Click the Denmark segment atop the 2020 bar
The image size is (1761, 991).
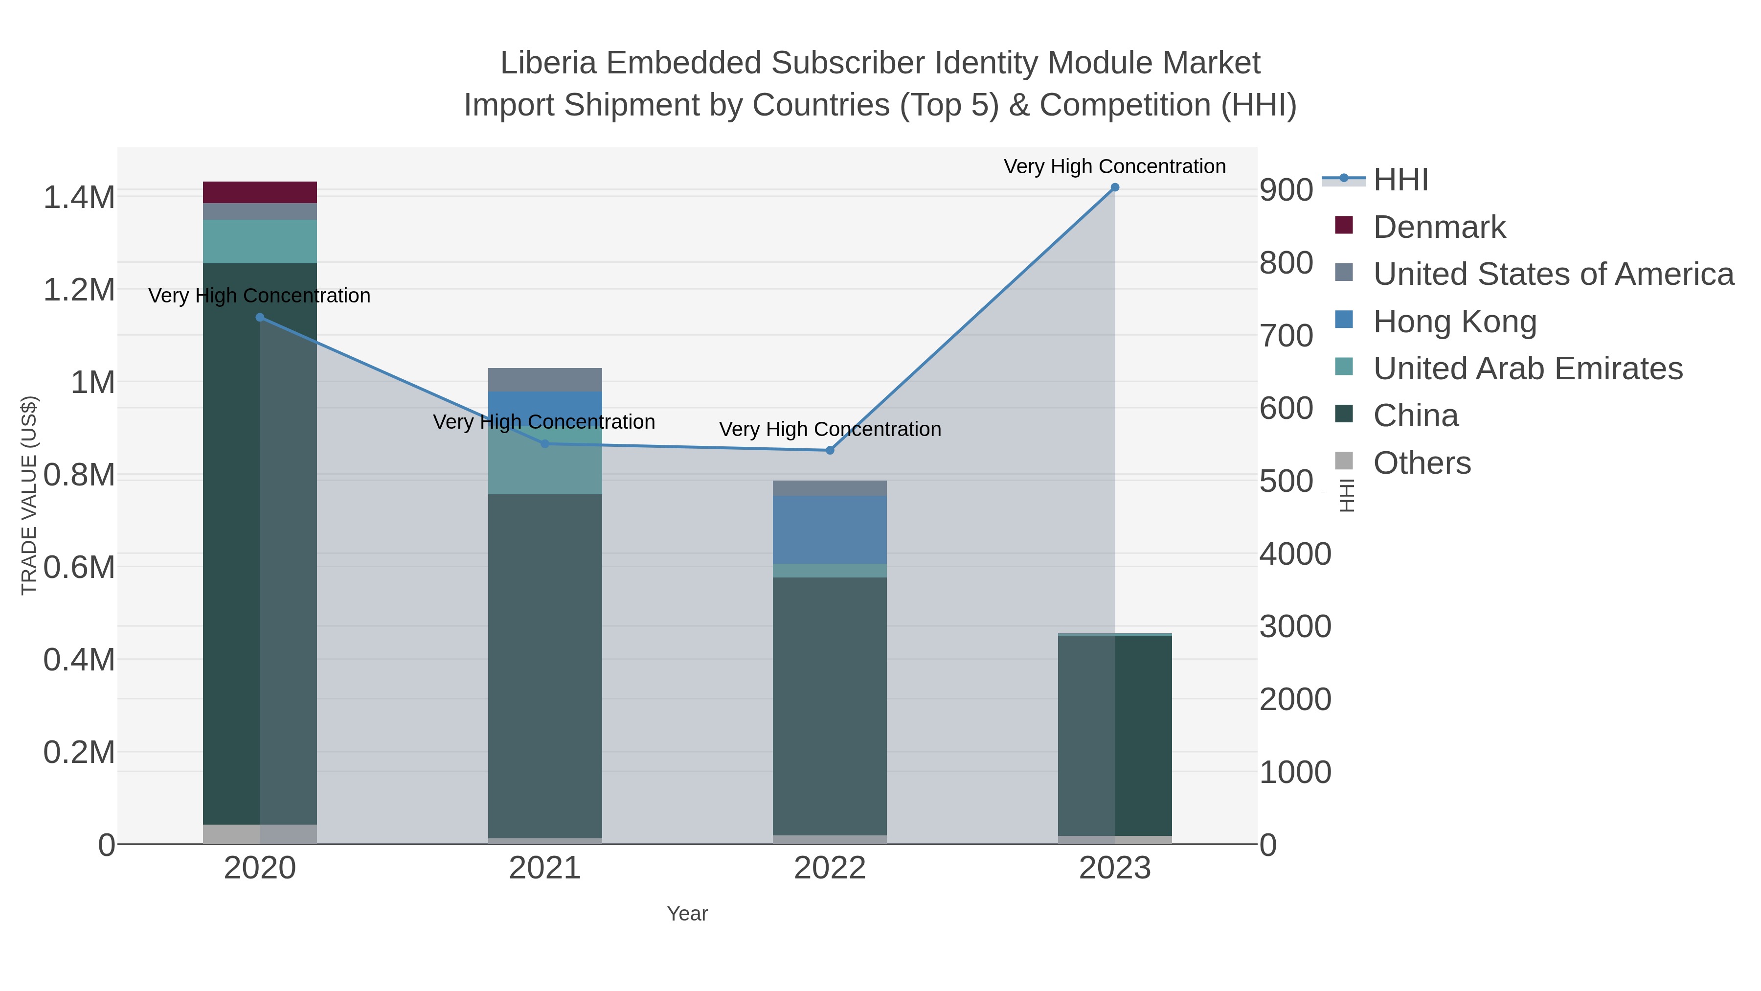tap(260, 192)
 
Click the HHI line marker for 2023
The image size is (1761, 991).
tap(1114, 187)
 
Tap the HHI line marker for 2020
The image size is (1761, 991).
tap(260, 317)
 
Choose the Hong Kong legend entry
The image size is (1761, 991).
tap(1454, 322)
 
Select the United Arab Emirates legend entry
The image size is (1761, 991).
tap(1527, 369)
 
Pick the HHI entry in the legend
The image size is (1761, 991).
tap(1400, 180)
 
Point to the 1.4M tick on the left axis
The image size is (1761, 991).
tap(79, 198)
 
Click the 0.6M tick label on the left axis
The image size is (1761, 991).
tap(79, 567)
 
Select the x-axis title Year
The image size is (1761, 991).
tap(687, 914)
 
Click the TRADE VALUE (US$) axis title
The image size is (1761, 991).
tap(29, 495)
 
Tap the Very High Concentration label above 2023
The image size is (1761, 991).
tap(1114, 166)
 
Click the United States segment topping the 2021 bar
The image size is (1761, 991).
tap(545, 380)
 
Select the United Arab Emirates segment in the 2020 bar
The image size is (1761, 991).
tap(260, 241)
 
